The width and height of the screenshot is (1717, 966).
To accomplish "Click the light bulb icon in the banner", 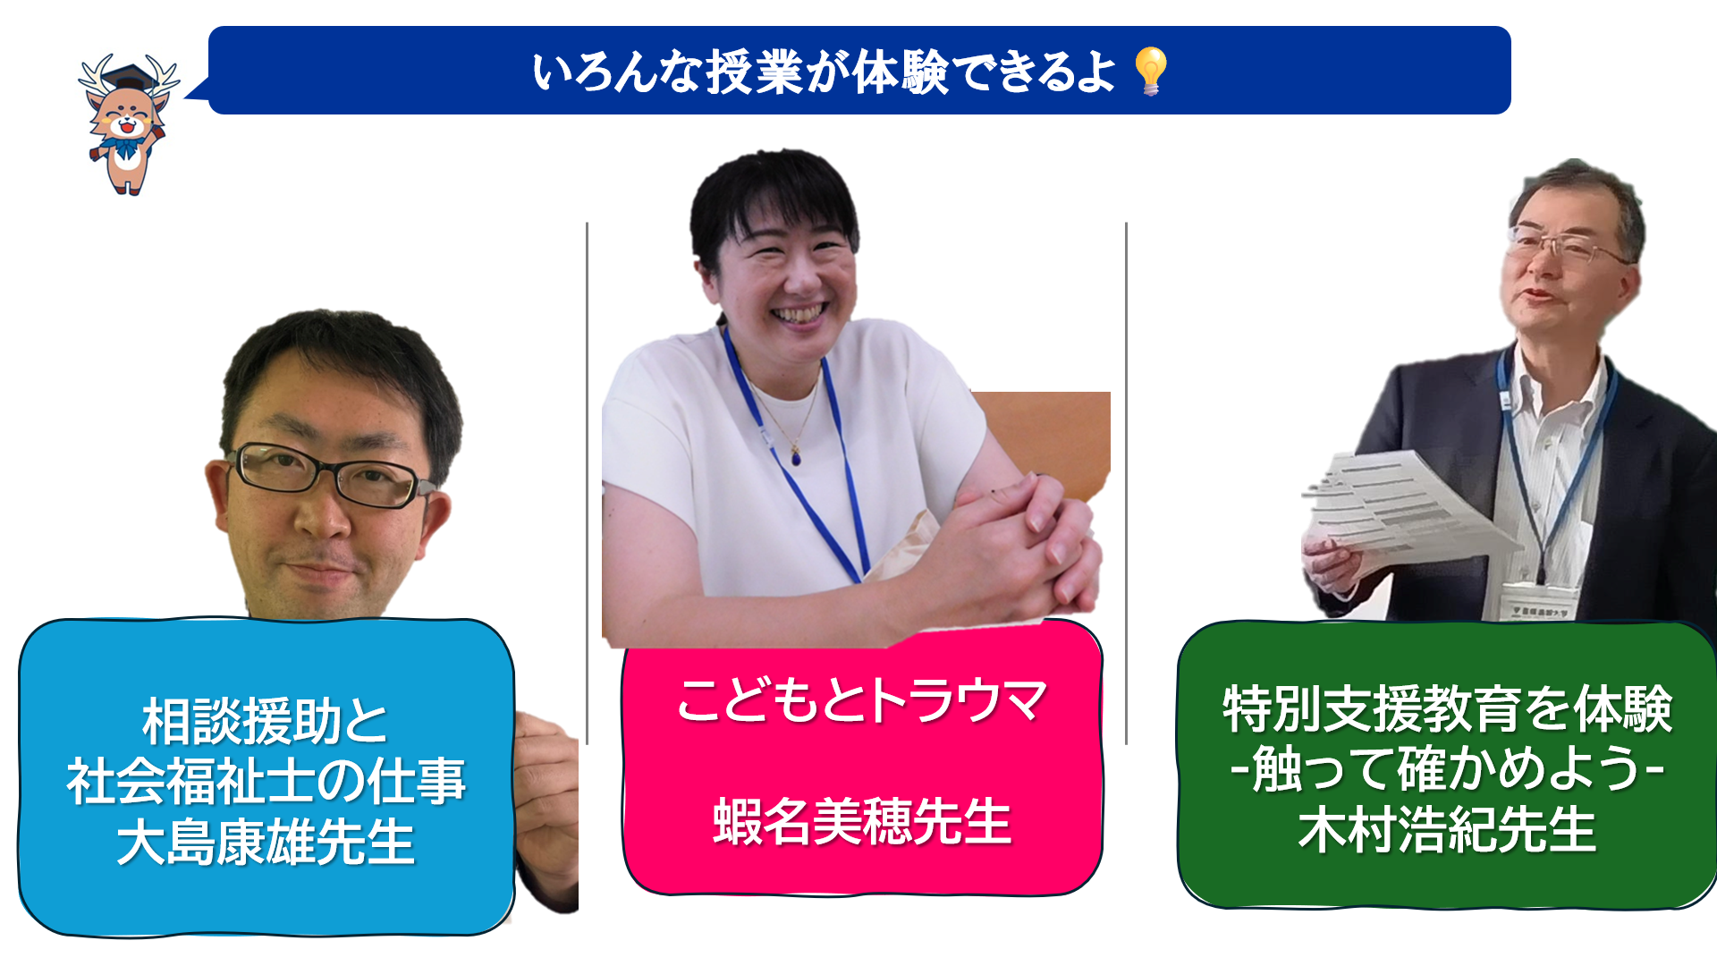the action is (x=1150, y=71).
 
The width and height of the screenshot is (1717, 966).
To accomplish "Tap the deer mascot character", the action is (x=128, y=124).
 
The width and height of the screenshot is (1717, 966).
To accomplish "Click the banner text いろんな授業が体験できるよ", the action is (x=824, y=72).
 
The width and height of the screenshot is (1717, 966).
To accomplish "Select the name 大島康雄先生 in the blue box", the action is (x=266, y=842).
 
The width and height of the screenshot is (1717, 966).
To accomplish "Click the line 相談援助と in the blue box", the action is (x=266, y=722).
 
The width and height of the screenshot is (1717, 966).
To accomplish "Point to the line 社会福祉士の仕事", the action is (x=266, y=781).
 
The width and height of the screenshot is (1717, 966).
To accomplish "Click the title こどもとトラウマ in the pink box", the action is (x=861, y=700).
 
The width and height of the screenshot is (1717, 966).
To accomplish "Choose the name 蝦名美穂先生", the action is (x=862, y=821).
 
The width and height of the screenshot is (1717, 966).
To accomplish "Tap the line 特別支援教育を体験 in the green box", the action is (x=1447, y=709).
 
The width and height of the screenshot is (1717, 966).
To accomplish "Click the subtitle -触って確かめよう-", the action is (x=1447, y=769).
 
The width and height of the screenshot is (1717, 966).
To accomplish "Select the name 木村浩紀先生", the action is (x=1447, y=830).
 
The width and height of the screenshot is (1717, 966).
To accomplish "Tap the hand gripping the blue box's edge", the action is (x=546, y=805).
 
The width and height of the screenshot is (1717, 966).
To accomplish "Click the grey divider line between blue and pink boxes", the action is (x=587, y=483).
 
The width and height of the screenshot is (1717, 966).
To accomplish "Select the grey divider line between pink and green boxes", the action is (x=1126, y=483).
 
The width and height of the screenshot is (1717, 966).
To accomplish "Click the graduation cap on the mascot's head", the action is (x=130, y=77).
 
